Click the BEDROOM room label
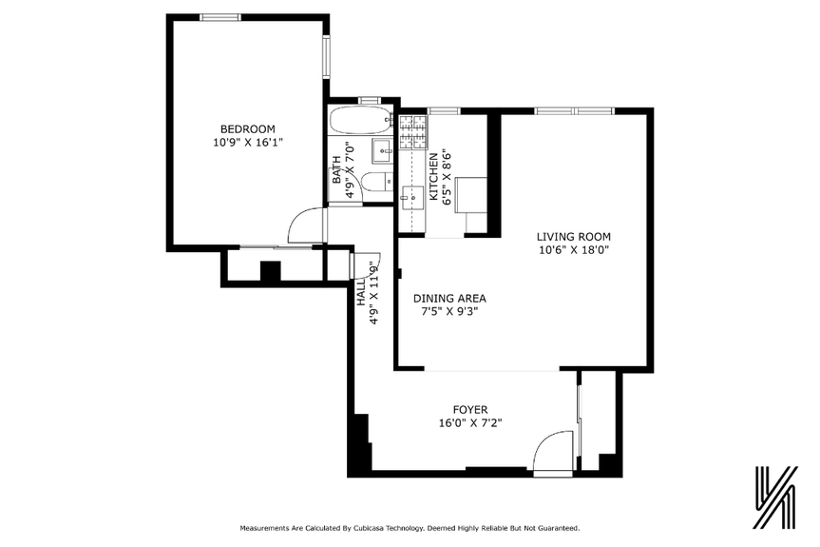coord(247,129)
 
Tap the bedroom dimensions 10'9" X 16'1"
coord(247,142)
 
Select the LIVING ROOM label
coord(573,237)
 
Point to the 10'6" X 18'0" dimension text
coord(573,250)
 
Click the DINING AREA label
coord(448,298)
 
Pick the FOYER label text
coord(470,410)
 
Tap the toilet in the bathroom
coord(376,183)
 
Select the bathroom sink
coord(381,149)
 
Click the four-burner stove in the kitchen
coord(411,131)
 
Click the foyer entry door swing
coord(552,452)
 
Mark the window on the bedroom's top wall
coord(219,16)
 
